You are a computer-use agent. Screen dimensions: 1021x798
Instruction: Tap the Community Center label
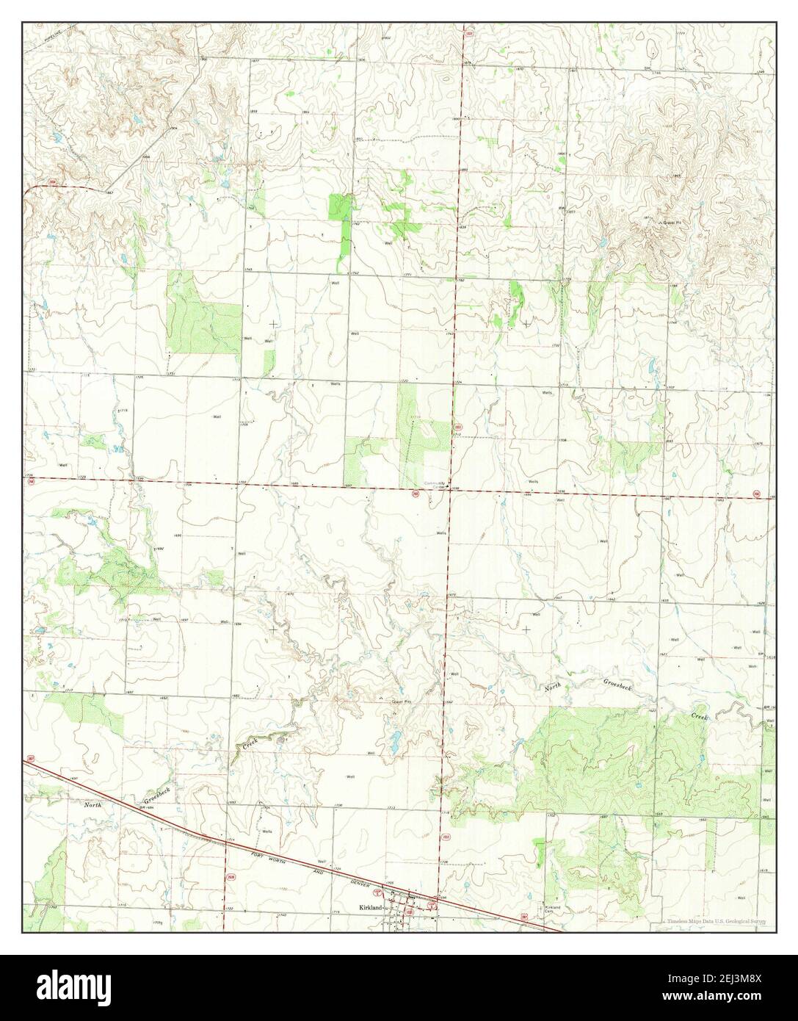(x=435, y=485)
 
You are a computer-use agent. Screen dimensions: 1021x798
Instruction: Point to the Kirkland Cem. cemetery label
(x=552, y=910)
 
